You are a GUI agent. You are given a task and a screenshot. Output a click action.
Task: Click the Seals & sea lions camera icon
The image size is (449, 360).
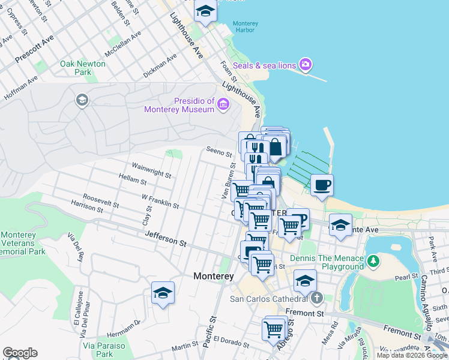(x=306, y=64)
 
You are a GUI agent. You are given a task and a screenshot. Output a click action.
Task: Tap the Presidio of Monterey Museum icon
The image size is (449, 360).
(x=223, y=106)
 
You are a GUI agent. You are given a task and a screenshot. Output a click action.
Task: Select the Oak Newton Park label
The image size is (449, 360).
(x=83, y=68)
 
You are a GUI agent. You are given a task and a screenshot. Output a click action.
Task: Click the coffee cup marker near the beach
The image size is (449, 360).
(x=322, y=185)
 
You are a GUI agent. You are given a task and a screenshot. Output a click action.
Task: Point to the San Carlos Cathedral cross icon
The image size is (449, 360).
(x=317, y=298)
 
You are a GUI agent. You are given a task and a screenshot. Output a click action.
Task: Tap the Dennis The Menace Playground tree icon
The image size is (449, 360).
(x=373, y=261)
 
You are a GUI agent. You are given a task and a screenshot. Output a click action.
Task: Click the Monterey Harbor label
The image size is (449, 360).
(x=246, y=26)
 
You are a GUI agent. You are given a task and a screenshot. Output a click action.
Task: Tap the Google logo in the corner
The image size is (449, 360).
(x=20, y=353)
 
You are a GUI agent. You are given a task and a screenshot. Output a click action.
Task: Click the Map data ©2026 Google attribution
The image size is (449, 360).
(x=412, y=355)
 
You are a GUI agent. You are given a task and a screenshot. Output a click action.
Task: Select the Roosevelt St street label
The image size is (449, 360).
(x=101, y=201)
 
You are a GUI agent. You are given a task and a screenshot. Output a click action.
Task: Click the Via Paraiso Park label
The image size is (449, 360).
(x=104, y=350)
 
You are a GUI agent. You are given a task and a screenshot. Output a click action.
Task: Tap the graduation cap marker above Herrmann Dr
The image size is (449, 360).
(x=163, y=293)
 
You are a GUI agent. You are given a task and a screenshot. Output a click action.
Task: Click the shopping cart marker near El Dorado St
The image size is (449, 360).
(x=273, y=329)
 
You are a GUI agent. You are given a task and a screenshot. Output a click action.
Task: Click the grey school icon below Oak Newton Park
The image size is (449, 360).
(x=82, y=100)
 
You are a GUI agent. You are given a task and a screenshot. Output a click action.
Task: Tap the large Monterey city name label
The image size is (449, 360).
(x=213, y=277)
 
